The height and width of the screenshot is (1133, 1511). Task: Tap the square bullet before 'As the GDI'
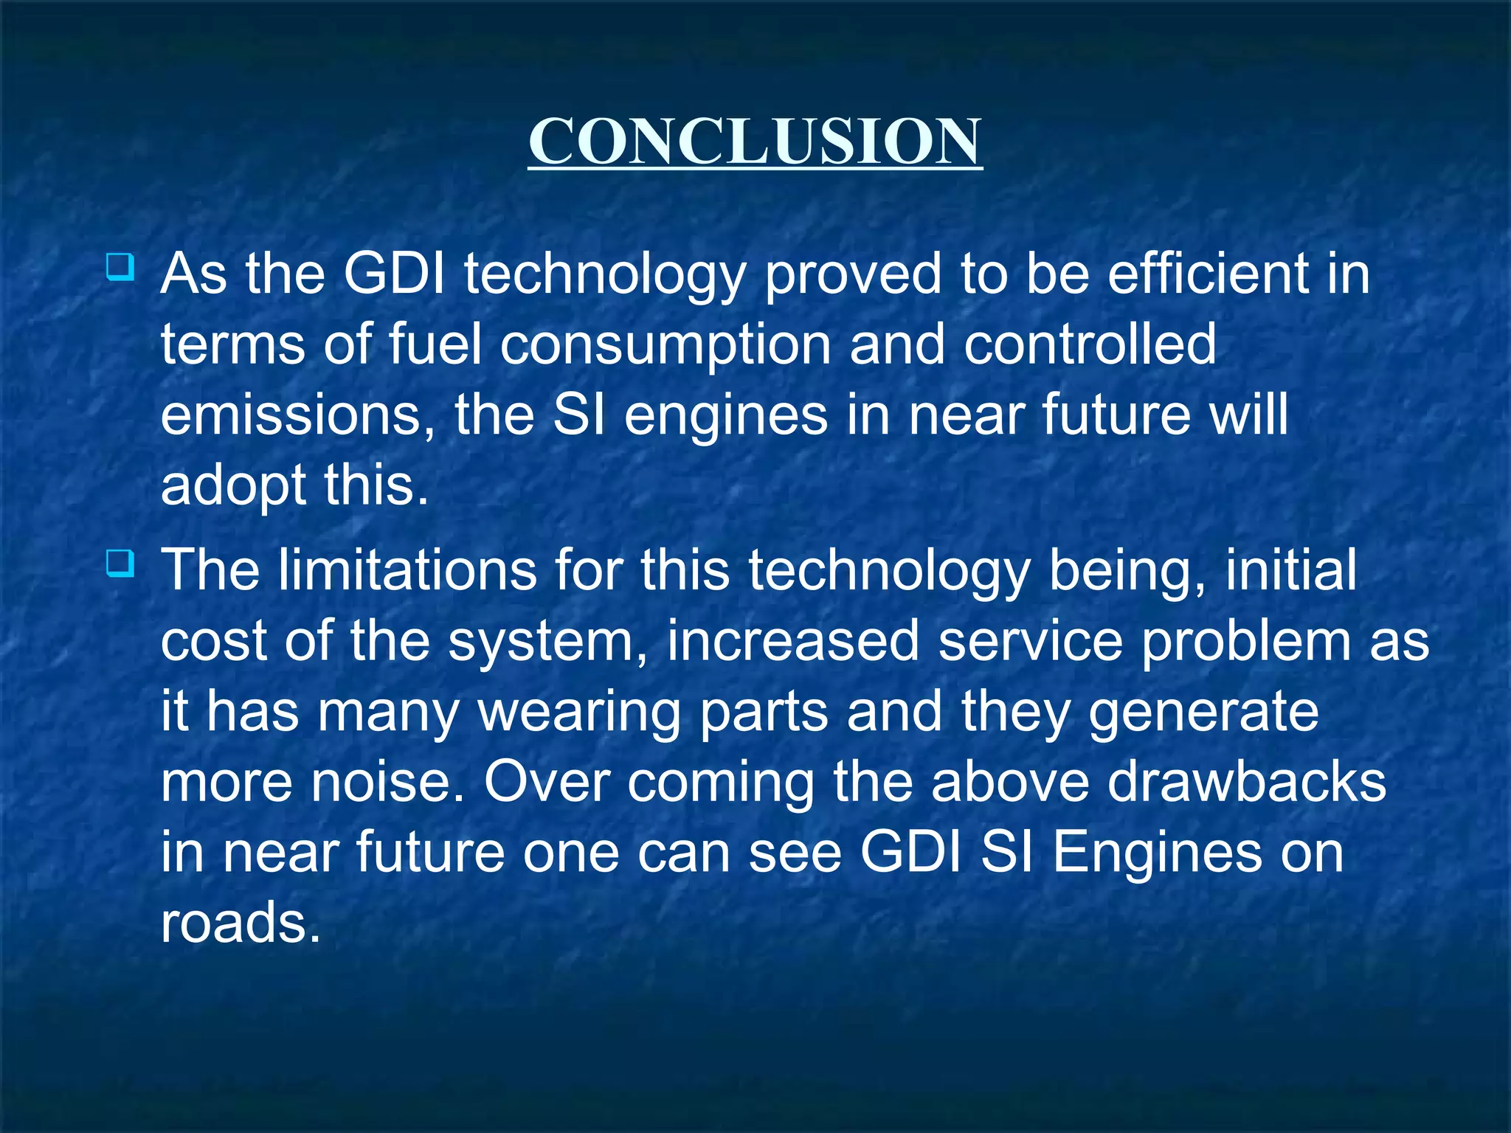pos(120,266)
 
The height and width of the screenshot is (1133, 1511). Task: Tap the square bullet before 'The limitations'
pos(120,564)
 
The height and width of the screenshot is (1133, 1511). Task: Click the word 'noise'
pos(387,783)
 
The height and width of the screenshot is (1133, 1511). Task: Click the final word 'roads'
pos(240,923)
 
